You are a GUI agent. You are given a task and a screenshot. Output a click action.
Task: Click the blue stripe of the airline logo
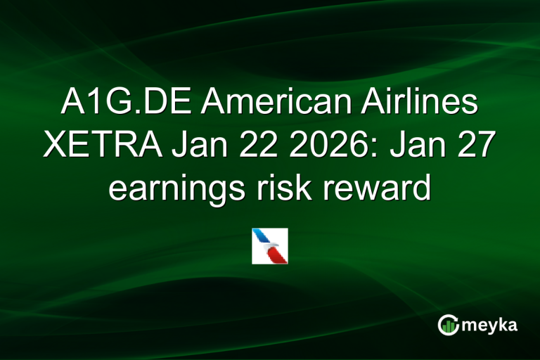(x=263, y=238)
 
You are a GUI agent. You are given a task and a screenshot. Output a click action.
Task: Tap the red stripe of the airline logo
(x=278, y=255)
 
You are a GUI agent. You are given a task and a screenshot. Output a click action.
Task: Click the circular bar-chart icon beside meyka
(x=448, y=324)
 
